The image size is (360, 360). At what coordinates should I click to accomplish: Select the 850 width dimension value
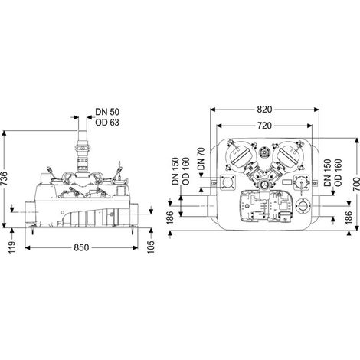(81, 247)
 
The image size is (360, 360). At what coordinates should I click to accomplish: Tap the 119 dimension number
(11, 247)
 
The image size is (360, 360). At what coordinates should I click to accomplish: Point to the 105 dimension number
(151, 247)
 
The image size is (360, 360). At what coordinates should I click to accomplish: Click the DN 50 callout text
(107, 112)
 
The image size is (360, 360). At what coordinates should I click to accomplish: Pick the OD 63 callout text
(107, 123)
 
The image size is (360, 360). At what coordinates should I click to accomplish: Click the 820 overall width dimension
(264, 110)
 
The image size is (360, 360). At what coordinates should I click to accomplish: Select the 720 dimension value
(264, 126)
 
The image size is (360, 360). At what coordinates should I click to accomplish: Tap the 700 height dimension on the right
(356, 184)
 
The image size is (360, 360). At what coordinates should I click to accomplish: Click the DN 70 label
(201, 159)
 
